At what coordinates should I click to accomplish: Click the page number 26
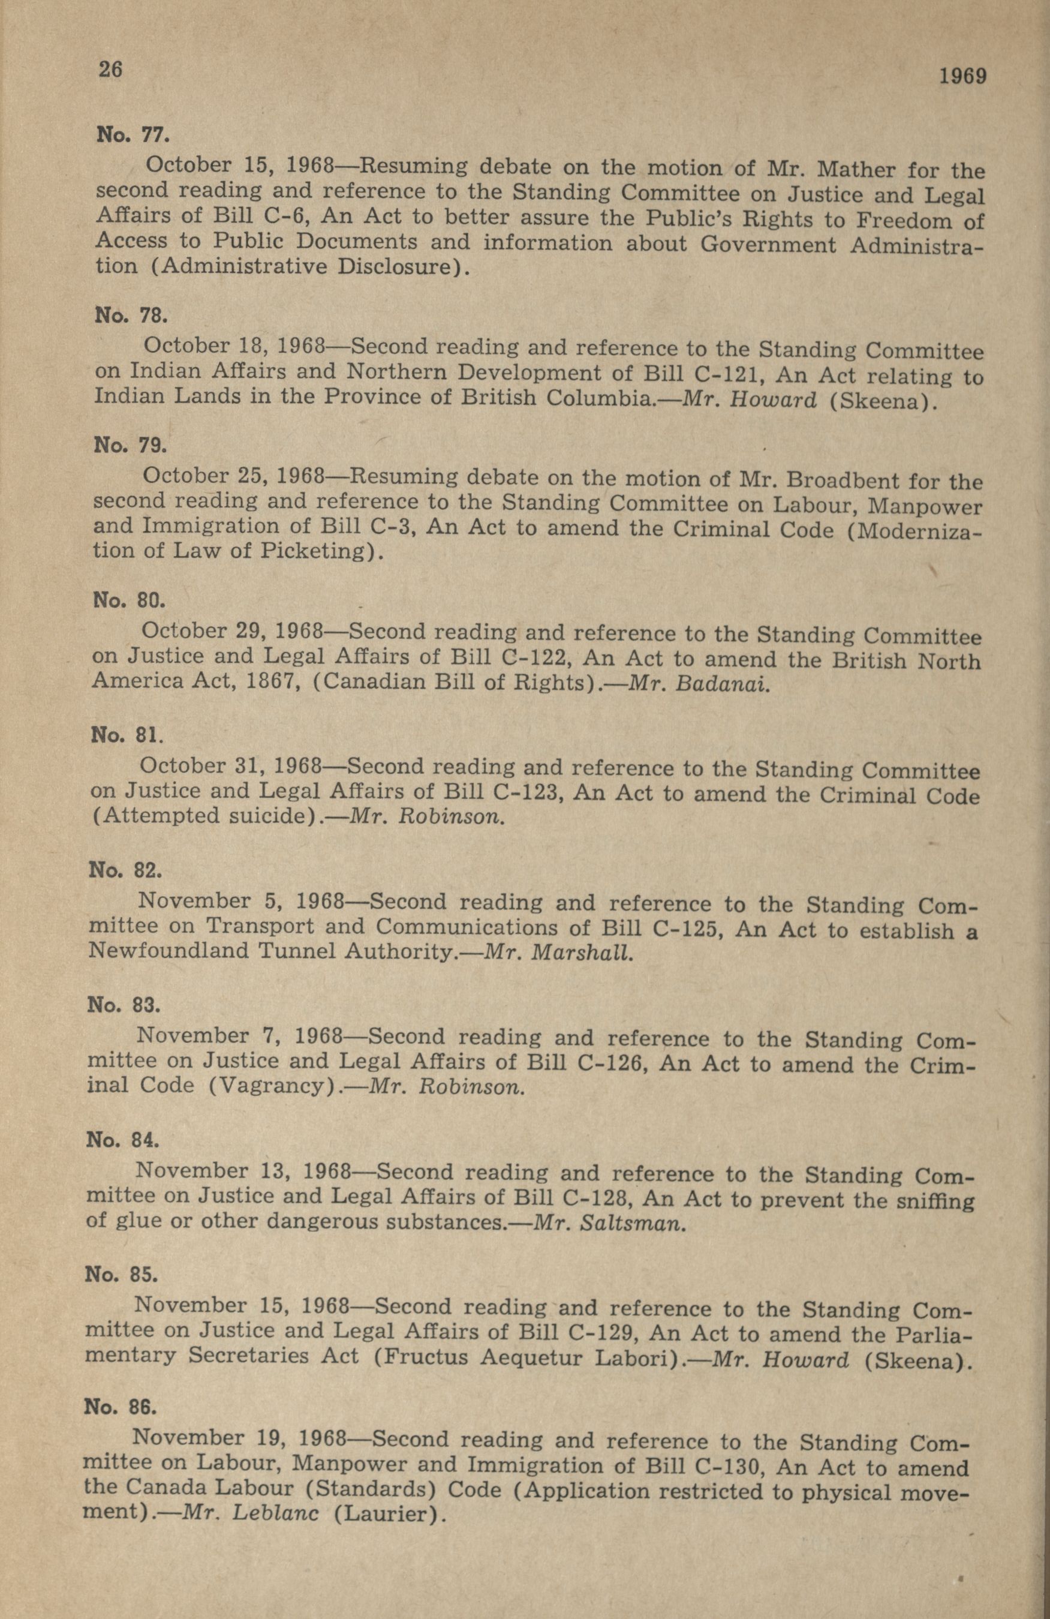110,70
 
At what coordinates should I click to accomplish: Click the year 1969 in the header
962,76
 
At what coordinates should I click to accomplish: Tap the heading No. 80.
128,600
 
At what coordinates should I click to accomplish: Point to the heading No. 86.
121,1405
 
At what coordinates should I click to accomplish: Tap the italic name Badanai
724,684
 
